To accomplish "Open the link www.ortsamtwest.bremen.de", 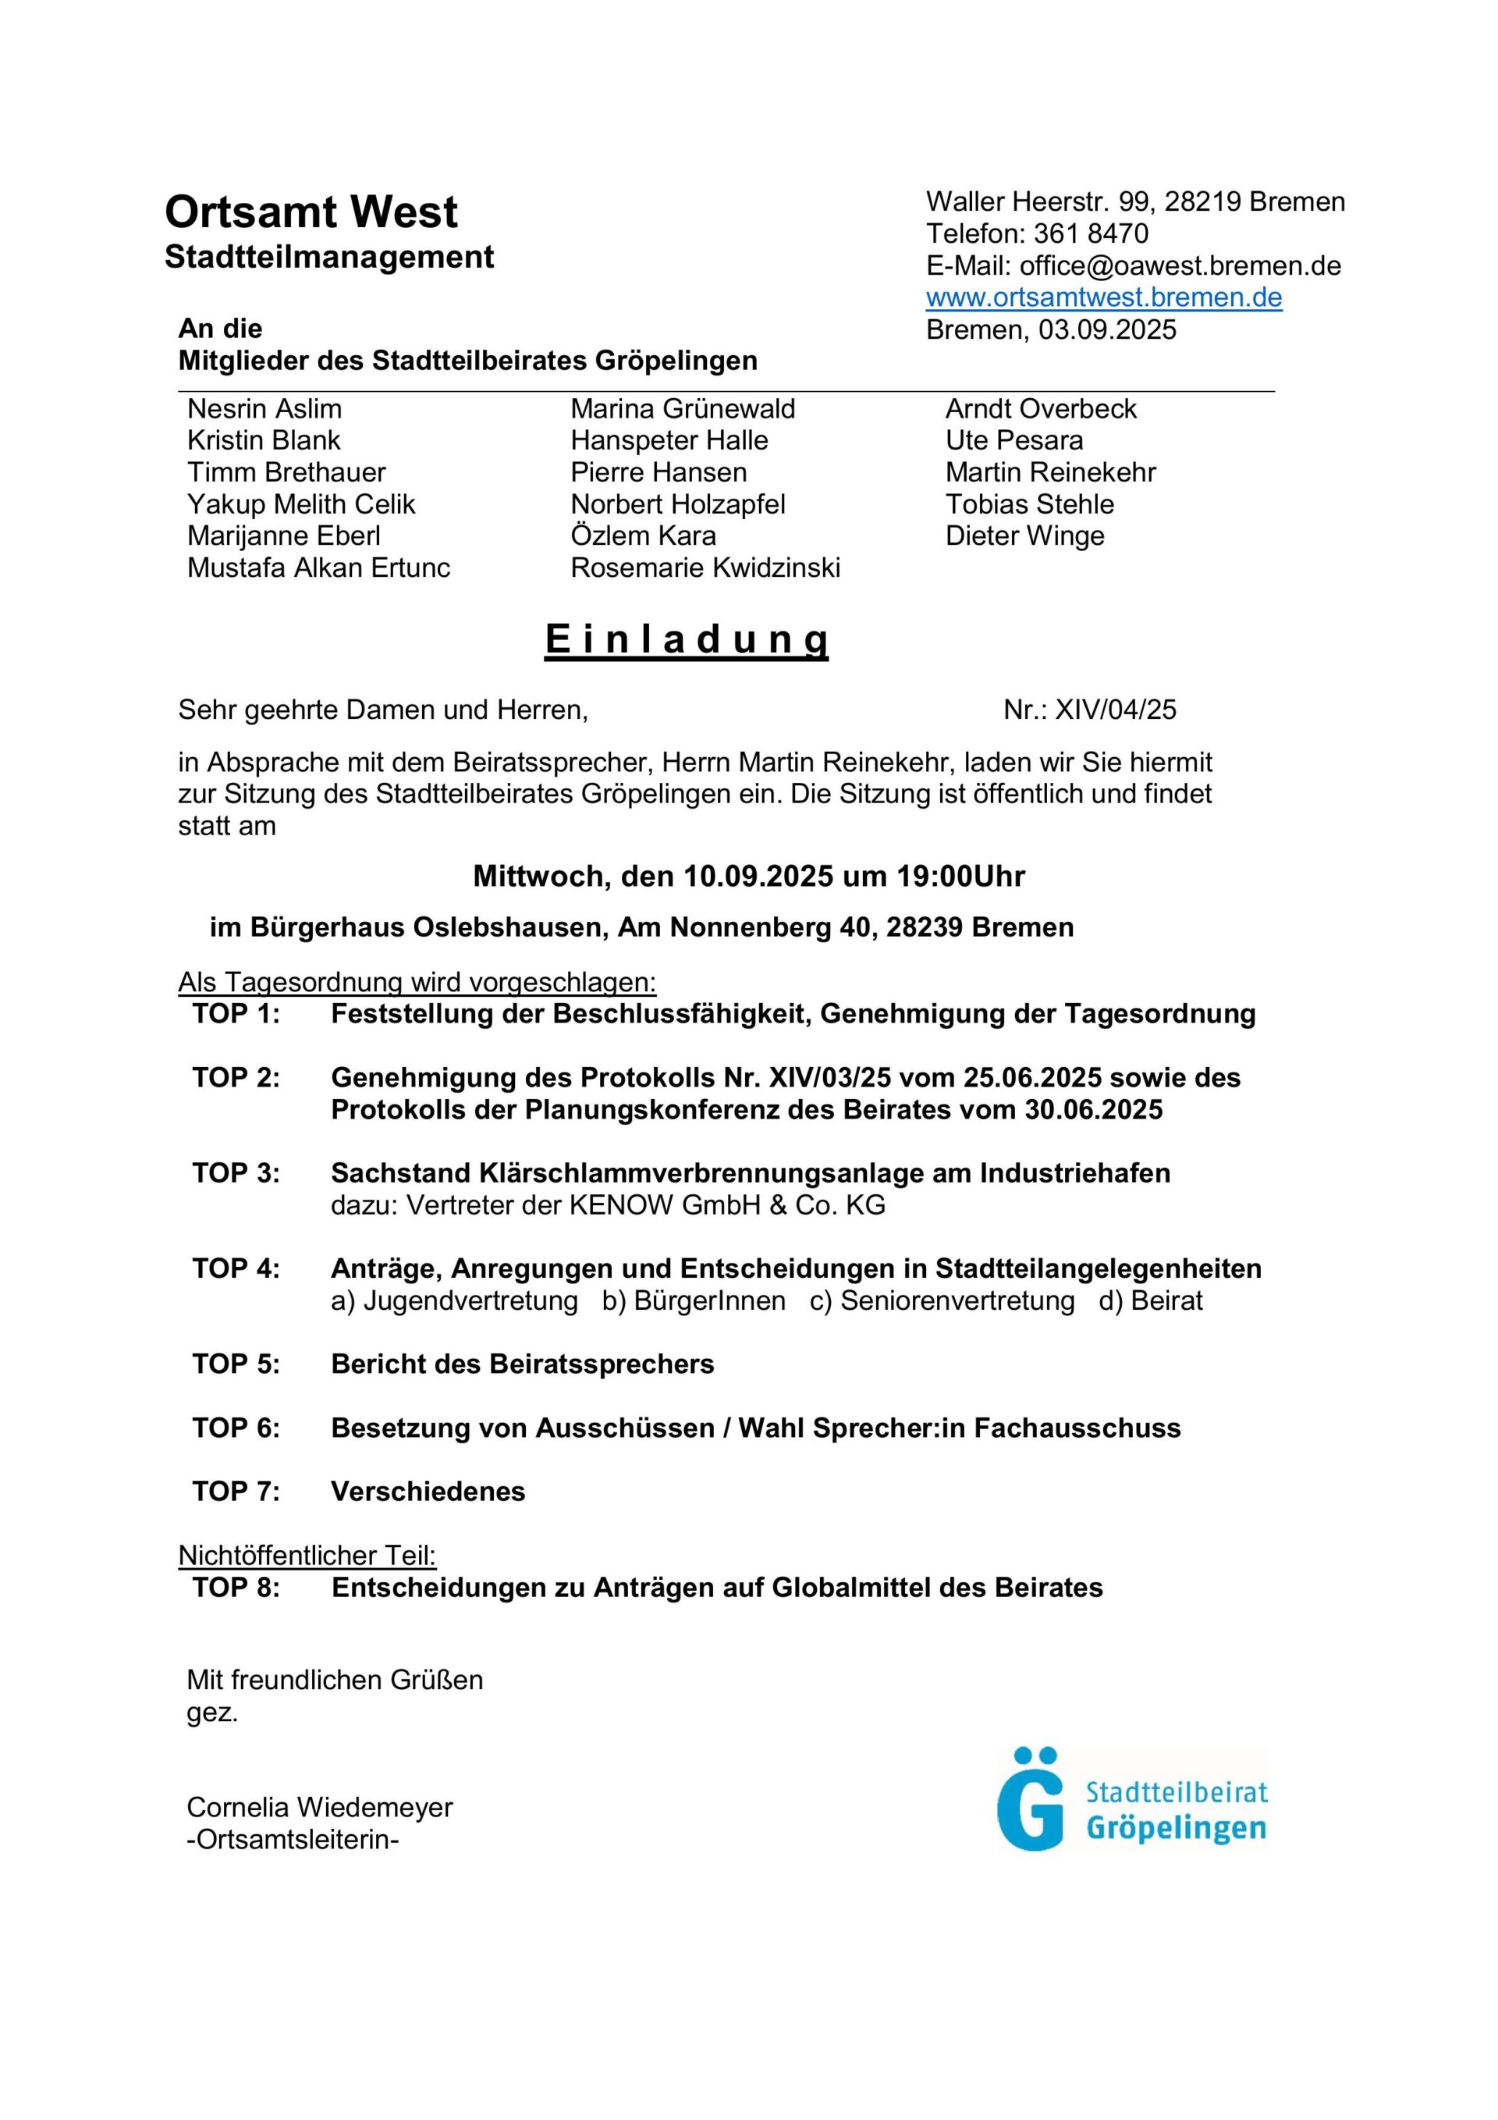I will point(1103,297).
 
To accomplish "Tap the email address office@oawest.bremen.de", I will point(1180,266).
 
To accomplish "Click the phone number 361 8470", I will point(1091,233).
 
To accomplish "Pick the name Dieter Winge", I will point(1024,535).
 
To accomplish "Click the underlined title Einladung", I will point(687,639).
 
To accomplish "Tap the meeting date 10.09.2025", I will point(758,875).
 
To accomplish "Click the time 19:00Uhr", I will point(960,875).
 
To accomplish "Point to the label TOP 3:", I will point(236,1172).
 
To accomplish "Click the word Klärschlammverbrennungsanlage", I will point(676,1172).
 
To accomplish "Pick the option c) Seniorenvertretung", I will point(942,1300).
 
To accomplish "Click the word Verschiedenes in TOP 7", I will point(428,1491).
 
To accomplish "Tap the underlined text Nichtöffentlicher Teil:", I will point(307,1555).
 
